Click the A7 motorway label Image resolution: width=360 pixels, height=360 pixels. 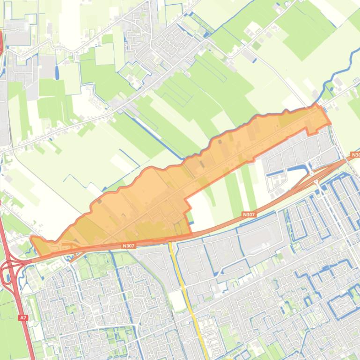pyautogui.click(x=23, y=317)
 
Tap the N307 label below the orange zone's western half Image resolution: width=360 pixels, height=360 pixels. pyautogui.click(x=128, y=245)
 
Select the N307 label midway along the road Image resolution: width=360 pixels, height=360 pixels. pyautogui.click(x=249, y=214)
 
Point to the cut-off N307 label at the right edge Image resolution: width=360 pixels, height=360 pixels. pyautogui.click(x=355, y=155)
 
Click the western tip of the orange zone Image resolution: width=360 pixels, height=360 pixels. pyautogui.click(x=31, y=239)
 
